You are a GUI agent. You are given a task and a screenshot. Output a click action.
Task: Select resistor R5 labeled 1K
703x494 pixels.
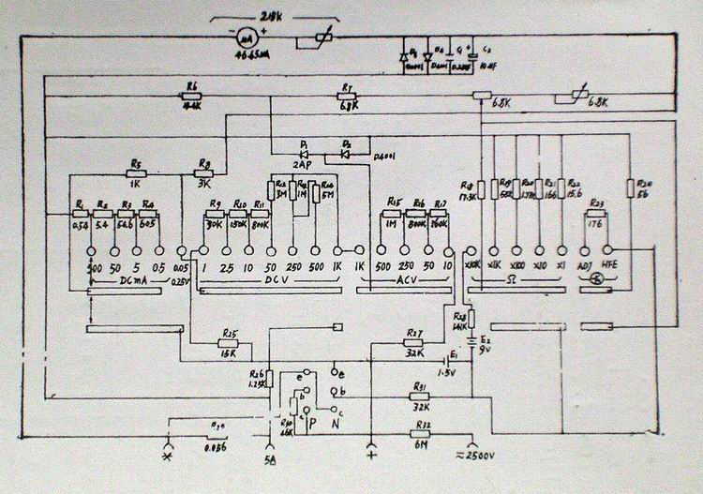coord(137,172)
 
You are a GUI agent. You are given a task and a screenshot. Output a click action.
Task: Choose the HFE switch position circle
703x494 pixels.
coord(606,251)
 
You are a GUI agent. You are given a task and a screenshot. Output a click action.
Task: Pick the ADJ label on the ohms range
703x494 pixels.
coord(586,266)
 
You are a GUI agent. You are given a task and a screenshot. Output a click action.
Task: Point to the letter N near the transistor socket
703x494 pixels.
coord(337,423)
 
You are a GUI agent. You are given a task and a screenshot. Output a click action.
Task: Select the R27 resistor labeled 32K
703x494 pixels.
coord(415,342)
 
